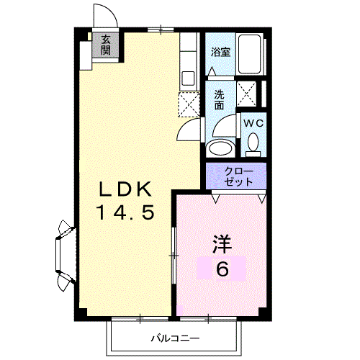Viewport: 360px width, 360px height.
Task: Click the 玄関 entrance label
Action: click(x=106, y=45)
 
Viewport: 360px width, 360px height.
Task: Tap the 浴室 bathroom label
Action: click(x=220, y=52)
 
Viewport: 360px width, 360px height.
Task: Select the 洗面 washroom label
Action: click(x=219, y=99)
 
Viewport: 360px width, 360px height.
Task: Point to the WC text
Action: click(x=252, y=123)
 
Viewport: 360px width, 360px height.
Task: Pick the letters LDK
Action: click(x=125, y=190)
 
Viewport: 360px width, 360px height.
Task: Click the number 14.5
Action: click(x=125, y=213)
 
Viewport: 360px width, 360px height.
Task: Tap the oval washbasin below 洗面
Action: click(x=219, y=148)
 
